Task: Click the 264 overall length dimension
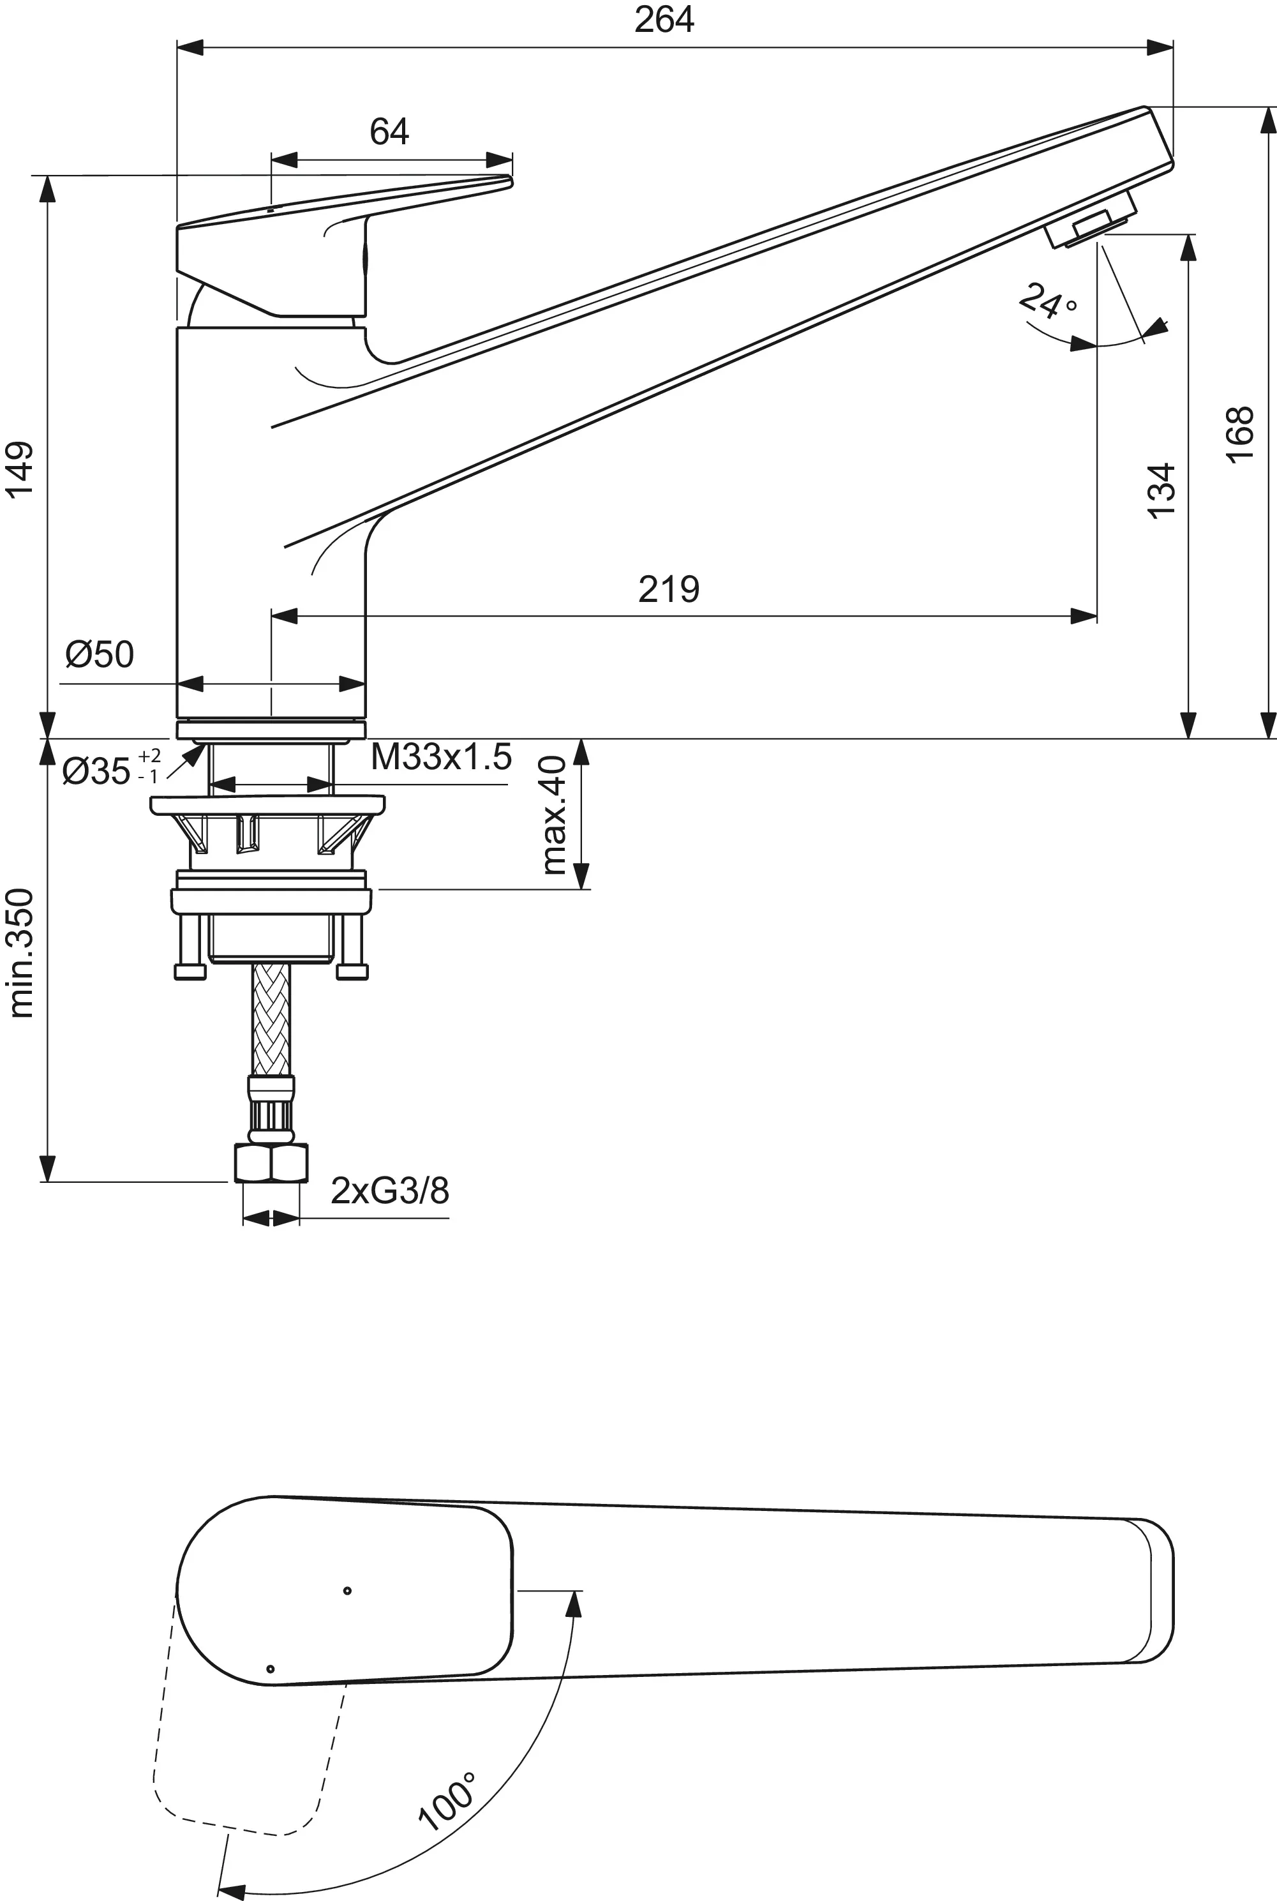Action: [664, 20]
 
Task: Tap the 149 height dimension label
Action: [20, 469]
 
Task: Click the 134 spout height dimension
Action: [1162, 489]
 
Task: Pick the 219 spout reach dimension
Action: [669, 588]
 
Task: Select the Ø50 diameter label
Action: [100, 654]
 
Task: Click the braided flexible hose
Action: [271, 1019]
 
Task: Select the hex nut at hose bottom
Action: [271, 1162]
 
